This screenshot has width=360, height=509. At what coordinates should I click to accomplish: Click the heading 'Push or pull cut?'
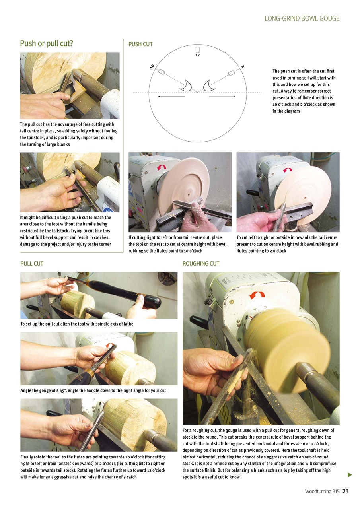[47, 43]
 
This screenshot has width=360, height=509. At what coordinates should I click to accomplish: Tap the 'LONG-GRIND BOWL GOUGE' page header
[302, 18]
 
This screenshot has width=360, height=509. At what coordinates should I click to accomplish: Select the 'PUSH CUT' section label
[140, 44]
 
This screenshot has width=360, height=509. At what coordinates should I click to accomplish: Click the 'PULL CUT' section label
[32, 263]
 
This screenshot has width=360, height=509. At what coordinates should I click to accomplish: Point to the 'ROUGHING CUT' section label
[200, 263]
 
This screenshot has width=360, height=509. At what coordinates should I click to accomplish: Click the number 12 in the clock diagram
[197, 55]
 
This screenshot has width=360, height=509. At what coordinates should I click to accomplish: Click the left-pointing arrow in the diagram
[171, 96]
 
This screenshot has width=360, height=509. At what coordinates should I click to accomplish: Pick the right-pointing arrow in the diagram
[222, 96]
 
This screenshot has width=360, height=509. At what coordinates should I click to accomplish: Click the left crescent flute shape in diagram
[186, 85]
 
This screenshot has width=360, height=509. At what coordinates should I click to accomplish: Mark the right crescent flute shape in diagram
[209, 85]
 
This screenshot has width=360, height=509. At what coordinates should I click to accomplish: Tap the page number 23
[345, 491]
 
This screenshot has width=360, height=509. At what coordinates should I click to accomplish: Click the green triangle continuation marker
[350, 474]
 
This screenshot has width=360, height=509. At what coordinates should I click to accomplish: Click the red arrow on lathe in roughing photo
[257, 295]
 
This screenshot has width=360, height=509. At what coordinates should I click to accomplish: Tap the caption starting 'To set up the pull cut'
[77, 324]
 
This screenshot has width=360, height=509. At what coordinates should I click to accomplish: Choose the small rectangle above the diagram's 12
[197, 49]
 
